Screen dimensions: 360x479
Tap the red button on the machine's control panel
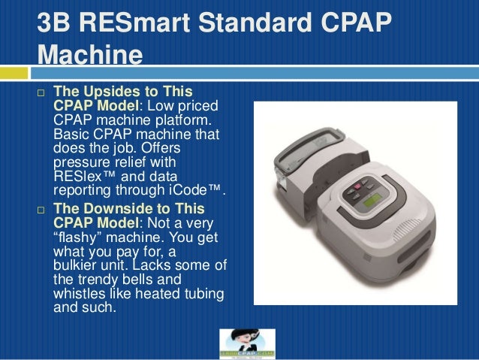pos(357,185)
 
